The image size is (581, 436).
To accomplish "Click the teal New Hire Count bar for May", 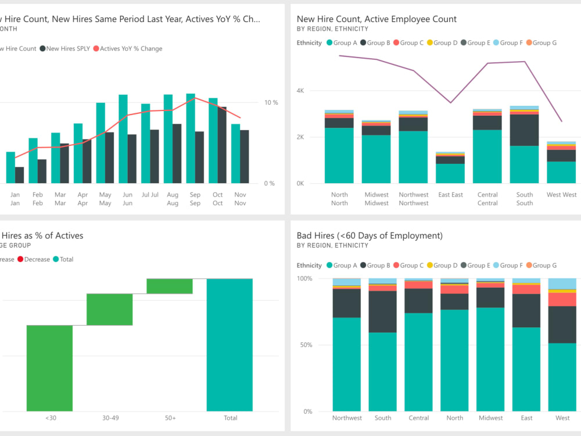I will click(x=101, y=143).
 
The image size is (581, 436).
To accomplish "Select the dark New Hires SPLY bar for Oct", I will click(x=222, y=145).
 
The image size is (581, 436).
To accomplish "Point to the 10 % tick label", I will click(x=271, y=103).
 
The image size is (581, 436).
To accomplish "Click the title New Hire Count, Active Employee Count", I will click(x=376, y=19).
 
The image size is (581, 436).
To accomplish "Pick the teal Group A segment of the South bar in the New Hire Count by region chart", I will click(x=524, y=165).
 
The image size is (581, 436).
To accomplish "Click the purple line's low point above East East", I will click(x=450, y=103).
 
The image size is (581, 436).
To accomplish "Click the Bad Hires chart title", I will click(x=370, y=235).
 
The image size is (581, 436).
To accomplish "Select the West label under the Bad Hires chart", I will click(x=562, y=418).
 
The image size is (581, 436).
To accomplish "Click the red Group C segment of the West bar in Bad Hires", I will click(x=562, y=299).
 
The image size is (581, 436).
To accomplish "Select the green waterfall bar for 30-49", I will click(x=110, y=309).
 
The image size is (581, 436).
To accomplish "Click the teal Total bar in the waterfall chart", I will click(x=229, y=345).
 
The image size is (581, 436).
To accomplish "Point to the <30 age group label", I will click(x=50, y=418).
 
